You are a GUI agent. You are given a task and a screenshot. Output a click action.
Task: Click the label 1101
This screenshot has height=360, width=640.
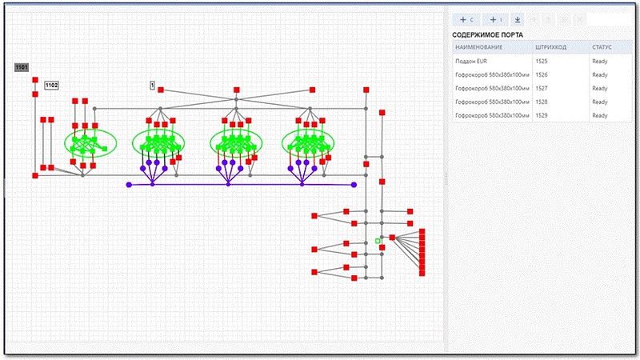pyautogui.click(x=22, y=67)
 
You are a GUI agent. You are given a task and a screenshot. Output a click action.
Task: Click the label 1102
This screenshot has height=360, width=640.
pyautogui.click(x=51, y=84)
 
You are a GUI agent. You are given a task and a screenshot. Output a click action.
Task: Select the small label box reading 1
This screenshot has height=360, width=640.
pyautogui.click(x=152, y=84)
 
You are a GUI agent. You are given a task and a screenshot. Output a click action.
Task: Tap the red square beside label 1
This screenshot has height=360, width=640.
pyautogui.click(x=161, y=90)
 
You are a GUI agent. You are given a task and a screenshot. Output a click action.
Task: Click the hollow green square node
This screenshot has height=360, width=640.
pyautogui.click(x=378, y=240)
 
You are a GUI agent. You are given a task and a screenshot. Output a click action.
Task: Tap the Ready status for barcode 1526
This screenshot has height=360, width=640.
pyautogui.click(x=601, y=74)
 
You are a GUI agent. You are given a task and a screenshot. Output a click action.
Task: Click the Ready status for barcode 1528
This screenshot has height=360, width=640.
pyautogui.click(x=601, y=102)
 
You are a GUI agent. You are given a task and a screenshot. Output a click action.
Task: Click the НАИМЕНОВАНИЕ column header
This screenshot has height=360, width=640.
pyautogui.click(x=479, y=47)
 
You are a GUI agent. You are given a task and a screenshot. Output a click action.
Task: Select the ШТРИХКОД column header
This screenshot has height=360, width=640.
pyautogui.click(x=551, y=47)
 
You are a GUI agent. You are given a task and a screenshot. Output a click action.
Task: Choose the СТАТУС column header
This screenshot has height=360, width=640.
pyautogui.click(x=602, y=47)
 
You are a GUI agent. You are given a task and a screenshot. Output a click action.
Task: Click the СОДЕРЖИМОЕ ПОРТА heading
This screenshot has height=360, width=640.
pyautogui.click(x=488, y=34)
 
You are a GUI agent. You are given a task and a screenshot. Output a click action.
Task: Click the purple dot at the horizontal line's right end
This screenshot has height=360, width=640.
pyautogui.click(x=354, y=185)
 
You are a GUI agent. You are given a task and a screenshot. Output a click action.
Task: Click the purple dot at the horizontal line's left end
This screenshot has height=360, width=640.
pyautogui.click(x=129, y=185)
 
